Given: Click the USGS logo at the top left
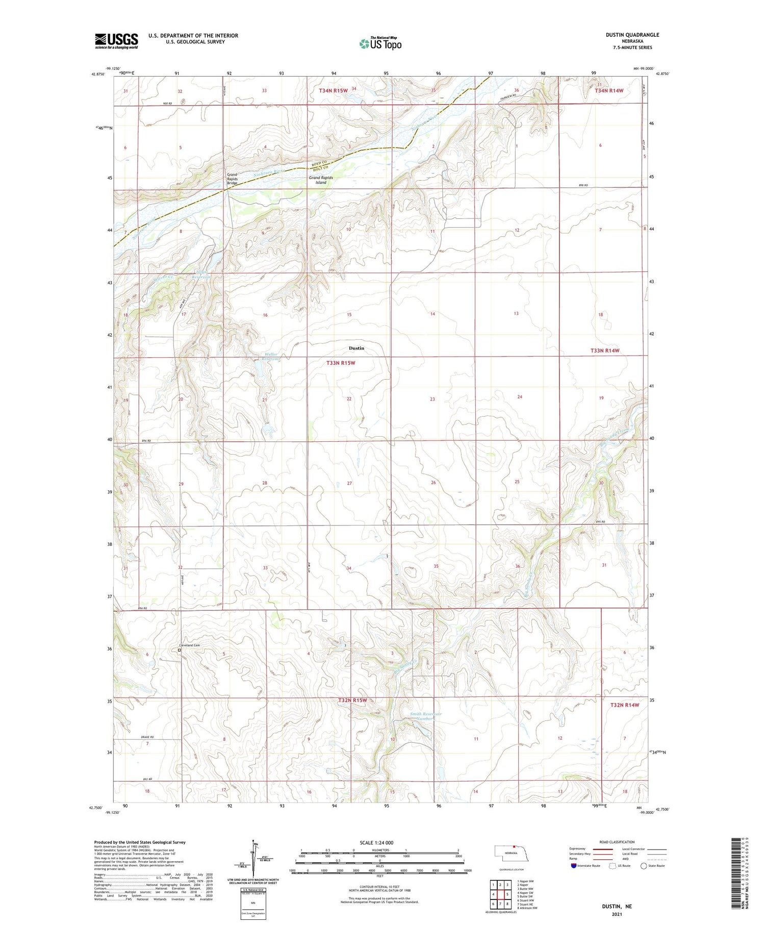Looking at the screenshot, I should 116,41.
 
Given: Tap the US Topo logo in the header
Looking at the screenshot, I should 380,44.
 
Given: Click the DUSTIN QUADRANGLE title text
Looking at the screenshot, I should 632,35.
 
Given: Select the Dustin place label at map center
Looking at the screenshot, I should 356,348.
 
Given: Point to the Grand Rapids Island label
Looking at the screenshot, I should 321,180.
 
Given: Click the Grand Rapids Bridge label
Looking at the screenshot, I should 233,179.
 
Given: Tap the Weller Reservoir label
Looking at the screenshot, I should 271,357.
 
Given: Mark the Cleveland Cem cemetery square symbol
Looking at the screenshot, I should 180,650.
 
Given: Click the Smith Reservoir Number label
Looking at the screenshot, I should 426,716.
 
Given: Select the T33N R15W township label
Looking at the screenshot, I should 340,363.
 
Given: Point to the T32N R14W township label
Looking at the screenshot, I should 624,705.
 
